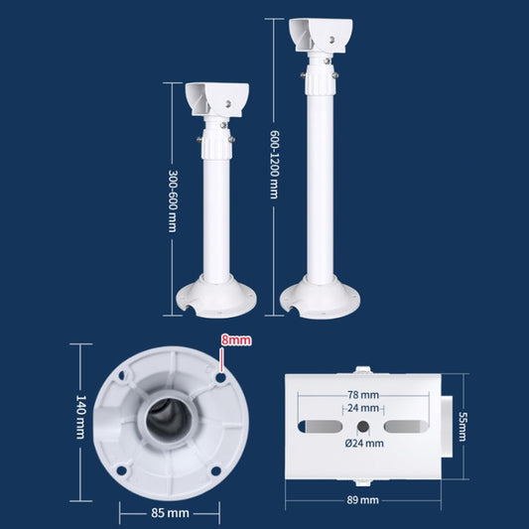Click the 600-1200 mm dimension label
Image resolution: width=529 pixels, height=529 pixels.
click(273, 163)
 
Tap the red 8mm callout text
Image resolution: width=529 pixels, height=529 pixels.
click(236, 339)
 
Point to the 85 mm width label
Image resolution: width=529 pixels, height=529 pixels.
click(169, 513)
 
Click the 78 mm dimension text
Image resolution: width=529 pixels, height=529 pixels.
click(363, 394)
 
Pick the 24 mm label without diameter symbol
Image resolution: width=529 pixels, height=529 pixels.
click(363, 408)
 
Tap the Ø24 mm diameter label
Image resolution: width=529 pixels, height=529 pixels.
click(363, 443)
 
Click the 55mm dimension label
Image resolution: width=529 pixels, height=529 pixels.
click(463, 427)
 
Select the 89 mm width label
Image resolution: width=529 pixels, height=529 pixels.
click(363, 500)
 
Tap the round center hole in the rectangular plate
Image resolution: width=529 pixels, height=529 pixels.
click(363, 425)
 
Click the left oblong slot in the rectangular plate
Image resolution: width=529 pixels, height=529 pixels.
click(318, 425)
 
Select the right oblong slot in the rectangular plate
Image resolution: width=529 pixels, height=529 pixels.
click(408, 425)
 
